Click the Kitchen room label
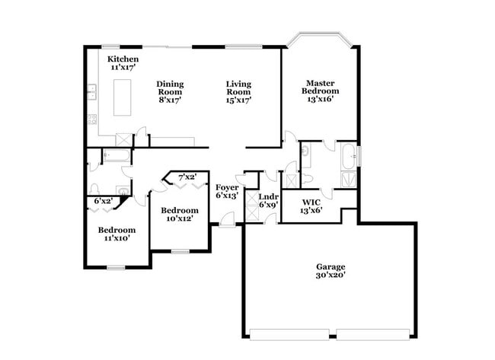tap(123, 63)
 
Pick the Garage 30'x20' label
tap(331, 272)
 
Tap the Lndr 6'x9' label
tap(269, 201)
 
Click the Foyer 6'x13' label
tap(227, 192)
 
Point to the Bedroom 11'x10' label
tap(117, 234)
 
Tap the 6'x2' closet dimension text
tap(103, 201)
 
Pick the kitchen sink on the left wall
tap(90, 94)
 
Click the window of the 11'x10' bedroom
tap(116, 266)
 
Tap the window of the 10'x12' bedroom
tap(180, 250)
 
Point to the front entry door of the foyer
tap(225, 224)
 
